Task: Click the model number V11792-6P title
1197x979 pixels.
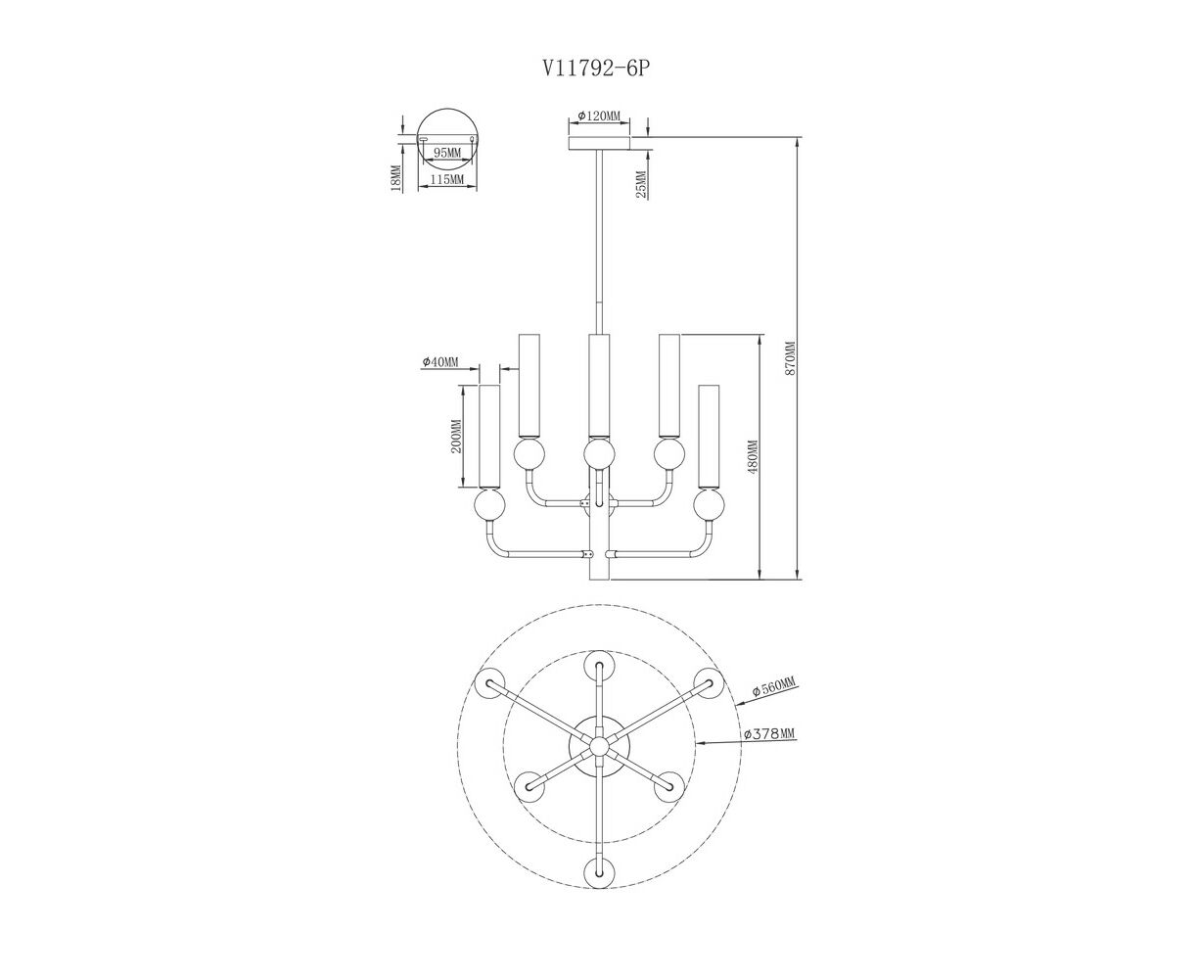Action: coord(596,69)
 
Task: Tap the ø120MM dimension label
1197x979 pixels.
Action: coord(598,117)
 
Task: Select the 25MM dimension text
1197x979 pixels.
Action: coord(642,184)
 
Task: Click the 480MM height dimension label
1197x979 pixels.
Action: coord(752,457)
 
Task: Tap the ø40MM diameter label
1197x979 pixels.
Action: coord(440,362)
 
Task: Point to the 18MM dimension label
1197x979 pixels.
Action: coord(395,178)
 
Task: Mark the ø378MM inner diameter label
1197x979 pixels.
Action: coord(768,733)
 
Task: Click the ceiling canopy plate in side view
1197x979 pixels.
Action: coord(598,144)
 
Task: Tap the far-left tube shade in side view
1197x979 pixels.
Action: coord(488,437)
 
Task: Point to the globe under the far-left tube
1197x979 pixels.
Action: coord(488,506)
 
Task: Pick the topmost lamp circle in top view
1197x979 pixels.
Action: coord(598,666)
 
